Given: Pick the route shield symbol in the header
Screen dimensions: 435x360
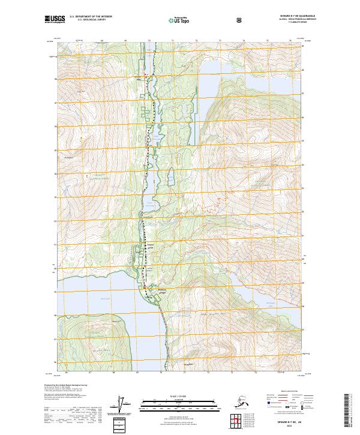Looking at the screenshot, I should pyautogui.click(x=206, y=20).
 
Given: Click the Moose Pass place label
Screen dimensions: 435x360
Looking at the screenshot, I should pyautogui.click(x=142, y=77).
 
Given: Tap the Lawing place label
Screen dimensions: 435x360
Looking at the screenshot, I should pyautogui.click(x=149, y=296).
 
